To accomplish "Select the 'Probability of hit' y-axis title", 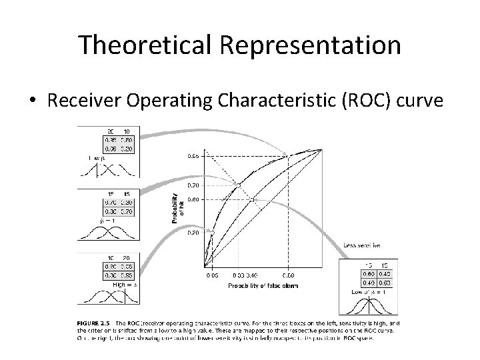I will [176, 209].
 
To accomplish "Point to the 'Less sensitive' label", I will [362, 245].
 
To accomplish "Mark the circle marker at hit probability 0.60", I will [253, 199].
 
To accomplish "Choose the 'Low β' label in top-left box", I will [87, 157].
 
